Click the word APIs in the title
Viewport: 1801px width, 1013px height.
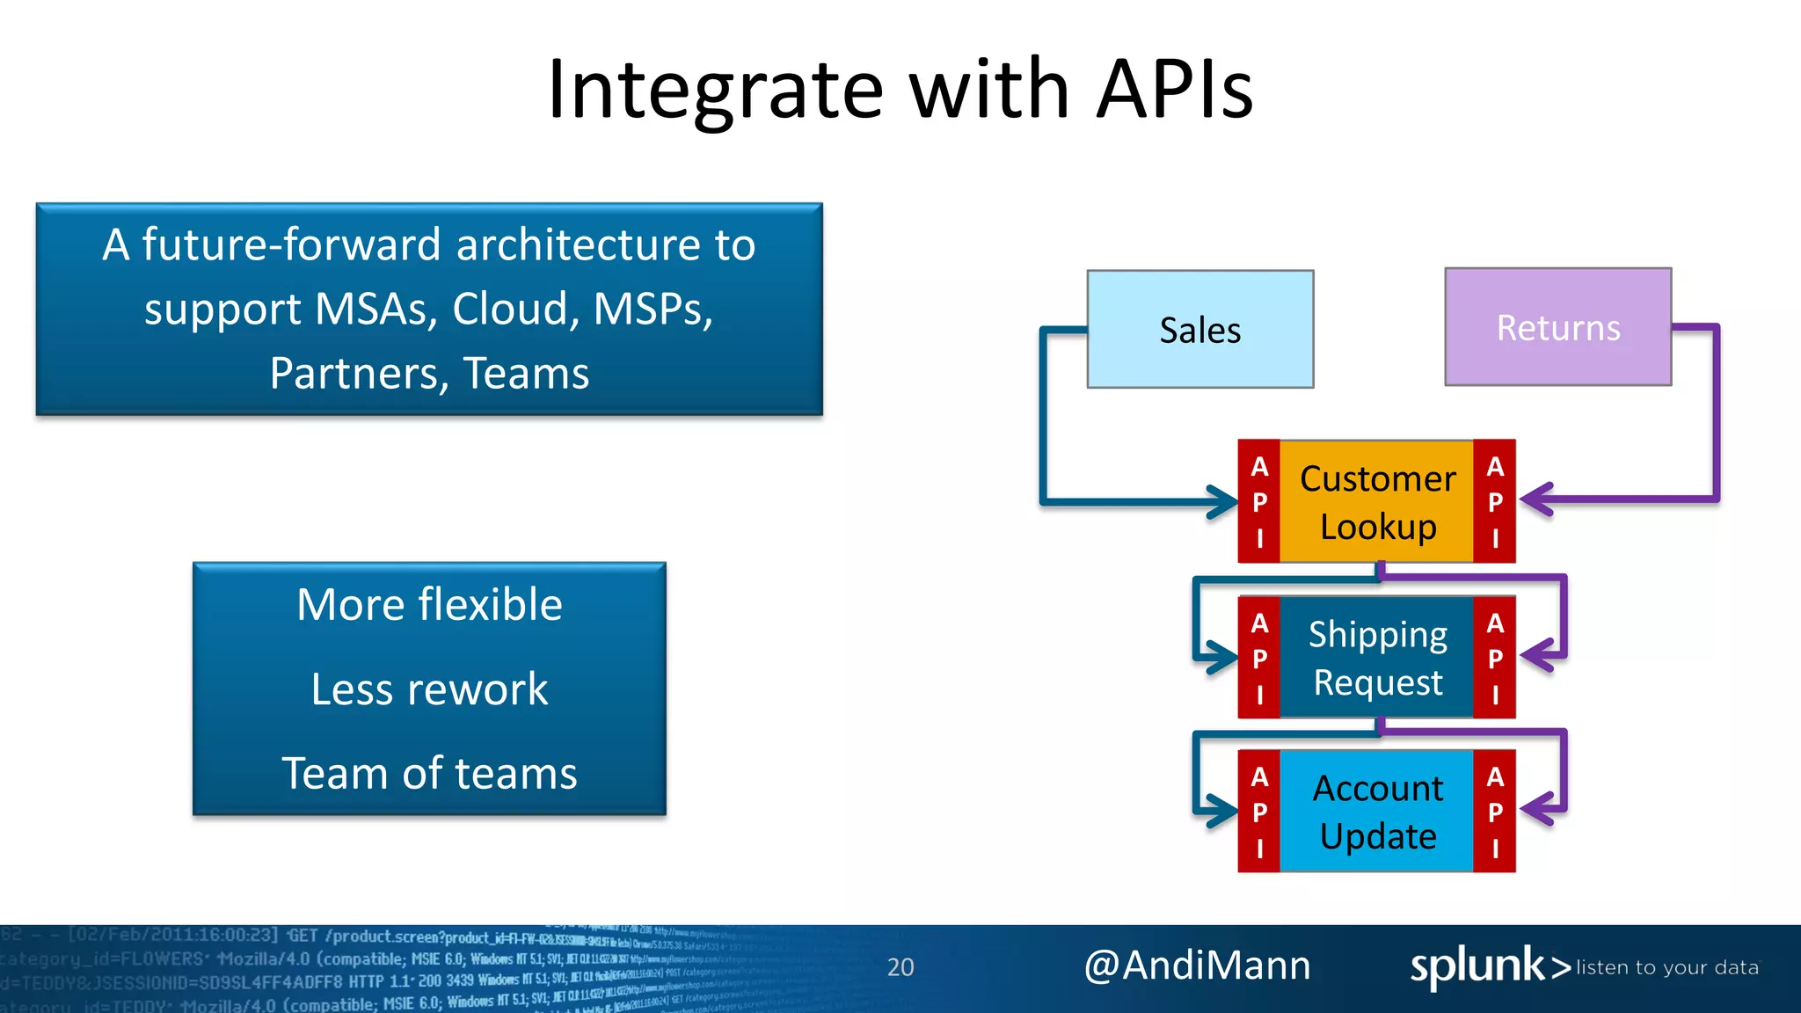pyautogui.click(x=1175, y=89)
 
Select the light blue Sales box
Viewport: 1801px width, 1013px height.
pyautogui.click(x=1199, y=330)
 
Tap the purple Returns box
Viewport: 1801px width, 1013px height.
pyautogui.click(x=1557, y=327)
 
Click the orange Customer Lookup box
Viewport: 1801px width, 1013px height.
pyautogui.click(x=1377, y=502)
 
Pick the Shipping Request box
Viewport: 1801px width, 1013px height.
pyautogui.click(x=1377, y=658)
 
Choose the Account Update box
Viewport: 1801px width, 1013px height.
pyautogui.click(x=1377, y=812)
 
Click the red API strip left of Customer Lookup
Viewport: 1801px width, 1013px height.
pyautogui.click(x=1259, y=502)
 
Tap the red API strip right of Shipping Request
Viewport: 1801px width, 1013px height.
pyautogui.click(x=1494, y=658)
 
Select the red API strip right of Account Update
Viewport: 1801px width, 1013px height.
pyautogui.click(x=1494, y=812)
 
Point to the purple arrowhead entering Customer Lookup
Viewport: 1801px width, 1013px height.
pyautogui.click(x=1535, y=500)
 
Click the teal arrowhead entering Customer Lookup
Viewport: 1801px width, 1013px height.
pyautogui.click(x=1224, y=502)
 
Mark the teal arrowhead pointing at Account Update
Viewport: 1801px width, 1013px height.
pyautogui.click(x=1222, y=811)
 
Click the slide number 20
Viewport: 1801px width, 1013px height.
pyautogui.click(x=900, y=967)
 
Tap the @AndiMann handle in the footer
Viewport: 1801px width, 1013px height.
pyautogui.click(x=1197, y=966)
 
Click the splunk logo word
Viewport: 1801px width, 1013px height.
pyautogui.click(x=1477, y=966)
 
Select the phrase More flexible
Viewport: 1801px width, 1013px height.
pyautogui.click(x=429, y=605)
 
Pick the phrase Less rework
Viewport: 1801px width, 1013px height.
pyautogui.click(x=429, y=689)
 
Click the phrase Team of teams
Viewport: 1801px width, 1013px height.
pyautogui.click(x=429, y=774)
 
